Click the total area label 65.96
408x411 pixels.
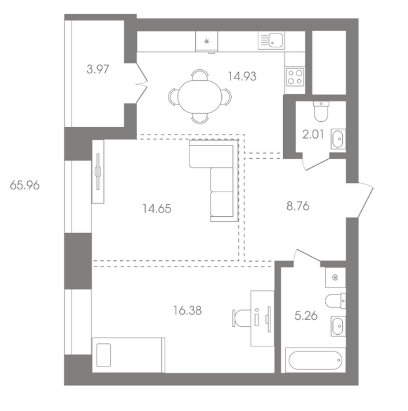coord(25,185)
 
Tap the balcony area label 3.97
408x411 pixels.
coord(98,69)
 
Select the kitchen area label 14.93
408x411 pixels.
coord(242,77)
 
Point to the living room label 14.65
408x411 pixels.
coord(157,208)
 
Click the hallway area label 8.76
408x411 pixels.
coord(298,206)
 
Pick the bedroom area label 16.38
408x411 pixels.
coord(187,311)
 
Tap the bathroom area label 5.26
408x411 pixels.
coord(306,316)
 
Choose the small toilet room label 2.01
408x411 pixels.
coord(313,134)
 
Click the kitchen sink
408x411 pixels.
coord(271,40)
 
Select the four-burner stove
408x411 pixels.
coord(295,77)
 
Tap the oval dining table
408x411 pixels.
coord(200,96)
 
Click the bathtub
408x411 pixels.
coord(316,360)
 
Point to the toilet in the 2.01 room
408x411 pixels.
coord(321,111)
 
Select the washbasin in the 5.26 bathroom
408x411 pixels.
coord(338,326)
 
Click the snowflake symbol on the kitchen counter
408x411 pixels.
coord(207,41)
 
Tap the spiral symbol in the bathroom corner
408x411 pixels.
coord(335,277)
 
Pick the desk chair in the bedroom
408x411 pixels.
coord(242,318)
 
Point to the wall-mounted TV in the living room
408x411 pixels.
coord(98,171)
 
